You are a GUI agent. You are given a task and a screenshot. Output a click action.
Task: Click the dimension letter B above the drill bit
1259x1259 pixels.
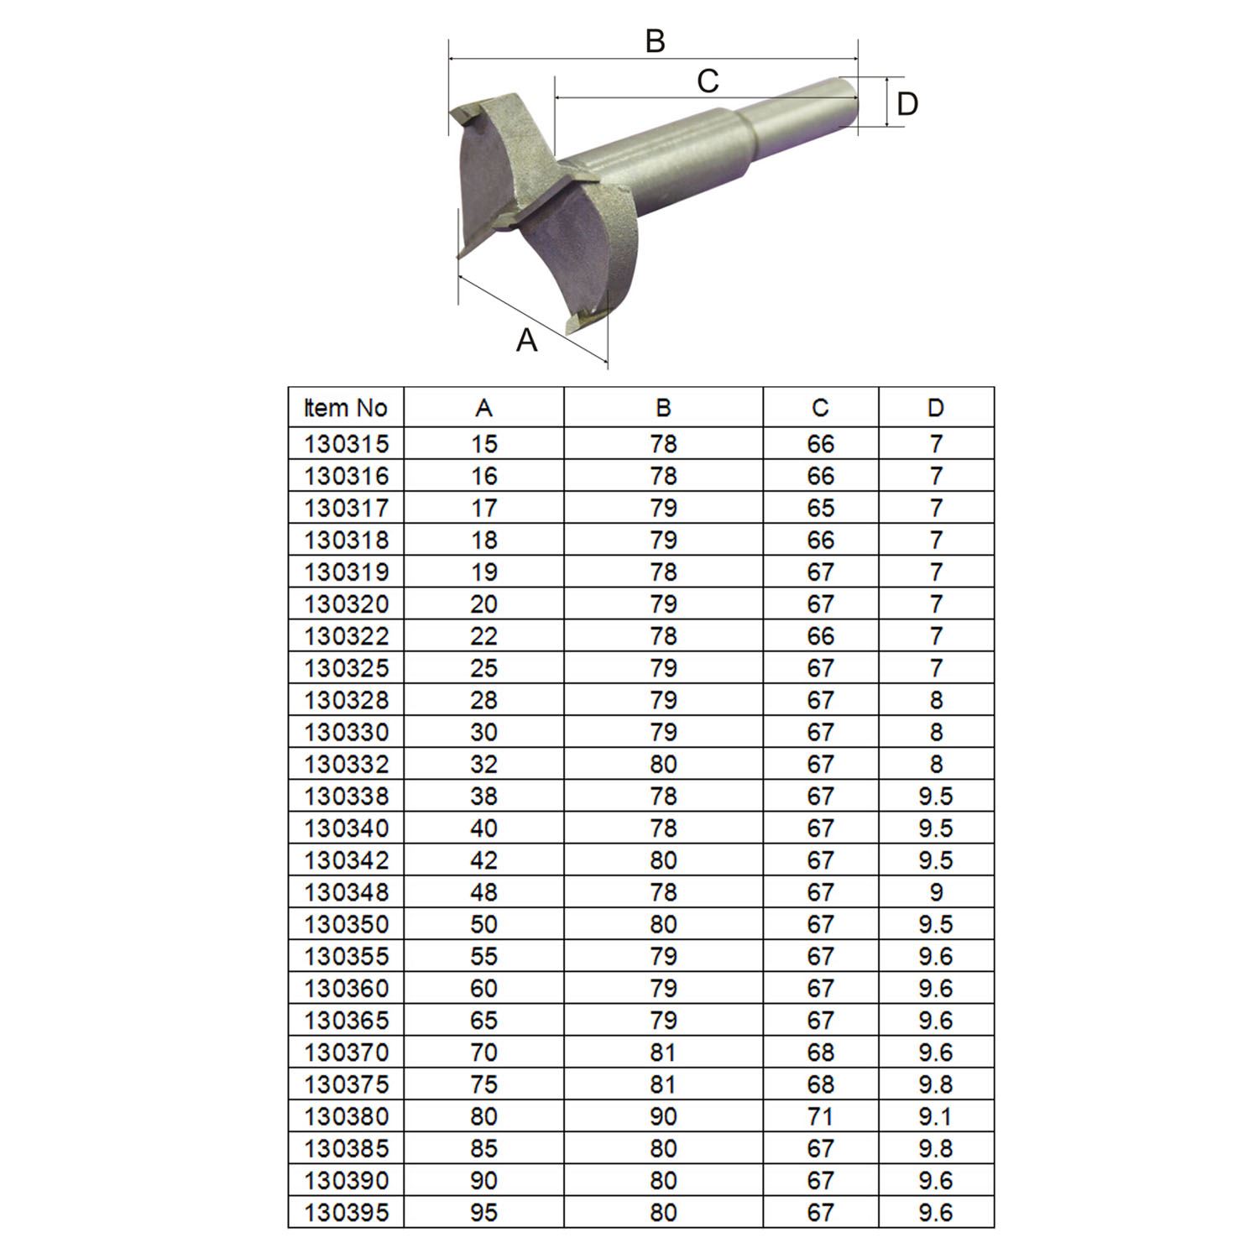click(655, 41)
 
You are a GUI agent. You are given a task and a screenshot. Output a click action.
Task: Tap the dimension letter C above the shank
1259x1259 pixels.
click(708, 81)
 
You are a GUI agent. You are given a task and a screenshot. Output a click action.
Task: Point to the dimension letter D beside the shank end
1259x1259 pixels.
click(907, 104)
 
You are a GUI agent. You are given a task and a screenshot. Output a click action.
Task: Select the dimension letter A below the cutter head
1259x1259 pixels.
click(526, 340)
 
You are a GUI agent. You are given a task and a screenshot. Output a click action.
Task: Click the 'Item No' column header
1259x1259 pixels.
click(346, 408)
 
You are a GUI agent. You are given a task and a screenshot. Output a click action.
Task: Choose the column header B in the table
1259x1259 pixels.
click(663, 408)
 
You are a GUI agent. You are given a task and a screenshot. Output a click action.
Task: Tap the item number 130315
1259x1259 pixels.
click(346, 444)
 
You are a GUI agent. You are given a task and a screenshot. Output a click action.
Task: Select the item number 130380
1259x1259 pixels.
click(346, 1116)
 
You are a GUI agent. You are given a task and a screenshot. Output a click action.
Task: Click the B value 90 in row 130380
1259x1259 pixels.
click(663, 1116)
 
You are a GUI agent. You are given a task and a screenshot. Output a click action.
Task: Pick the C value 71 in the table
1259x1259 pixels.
click(820, 1116)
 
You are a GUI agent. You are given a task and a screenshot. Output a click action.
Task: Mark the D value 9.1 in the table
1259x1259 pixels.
click(936, 1116)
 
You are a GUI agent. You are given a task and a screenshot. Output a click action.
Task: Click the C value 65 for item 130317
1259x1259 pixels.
click(820, 508)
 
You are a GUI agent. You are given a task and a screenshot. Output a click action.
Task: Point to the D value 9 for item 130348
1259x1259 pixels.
click(936, 892)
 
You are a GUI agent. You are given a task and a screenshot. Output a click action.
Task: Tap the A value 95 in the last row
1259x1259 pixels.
click(483, 1213)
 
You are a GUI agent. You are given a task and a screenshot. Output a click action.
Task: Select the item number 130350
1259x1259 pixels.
click(346, 924)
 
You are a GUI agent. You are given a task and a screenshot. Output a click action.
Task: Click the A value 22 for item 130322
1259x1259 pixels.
click(483, 636)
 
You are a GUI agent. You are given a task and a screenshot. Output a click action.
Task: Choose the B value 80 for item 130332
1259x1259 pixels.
click(663, 764)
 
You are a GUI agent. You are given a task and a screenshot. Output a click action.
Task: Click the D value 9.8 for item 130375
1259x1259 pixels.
click(936, 1084)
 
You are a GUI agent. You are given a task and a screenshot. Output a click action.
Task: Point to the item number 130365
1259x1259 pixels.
click(346, 1021)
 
